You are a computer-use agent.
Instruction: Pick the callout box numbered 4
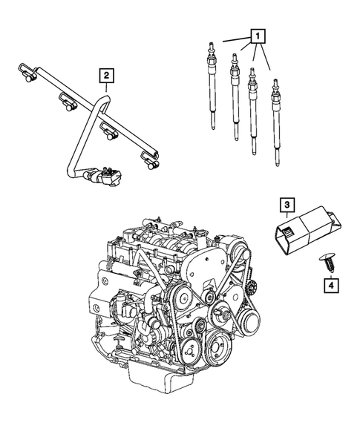(327, 283)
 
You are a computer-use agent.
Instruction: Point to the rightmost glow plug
(276, 119)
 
